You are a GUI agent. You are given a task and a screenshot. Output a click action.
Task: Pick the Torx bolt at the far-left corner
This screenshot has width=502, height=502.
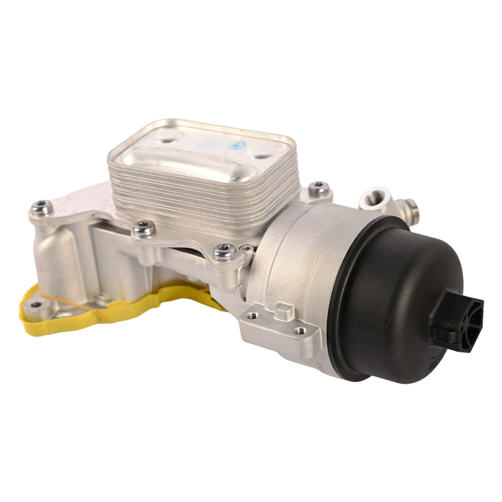coord(42,206)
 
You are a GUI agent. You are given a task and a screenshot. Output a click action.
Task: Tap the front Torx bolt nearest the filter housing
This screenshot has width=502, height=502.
coord(224,252)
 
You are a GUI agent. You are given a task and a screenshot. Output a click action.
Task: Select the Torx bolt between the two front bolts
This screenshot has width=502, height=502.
coord(144,228)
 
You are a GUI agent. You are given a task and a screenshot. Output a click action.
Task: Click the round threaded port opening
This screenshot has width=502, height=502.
coord(372,199)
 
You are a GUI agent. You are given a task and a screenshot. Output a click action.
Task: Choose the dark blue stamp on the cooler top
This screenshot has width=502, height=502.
coord(236,145)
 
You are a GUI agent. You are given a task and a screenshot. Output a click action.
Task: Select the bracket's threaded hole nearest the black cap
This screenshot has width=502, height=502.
coord(300,331)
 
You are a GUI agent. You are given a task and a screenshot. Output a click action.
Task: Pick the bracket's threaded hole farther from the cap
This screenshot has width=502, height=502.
coord(253,316)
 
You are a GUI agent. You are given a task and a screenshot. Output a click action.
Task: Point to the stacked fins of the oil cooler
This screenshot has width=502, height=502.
coord(201,201)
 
